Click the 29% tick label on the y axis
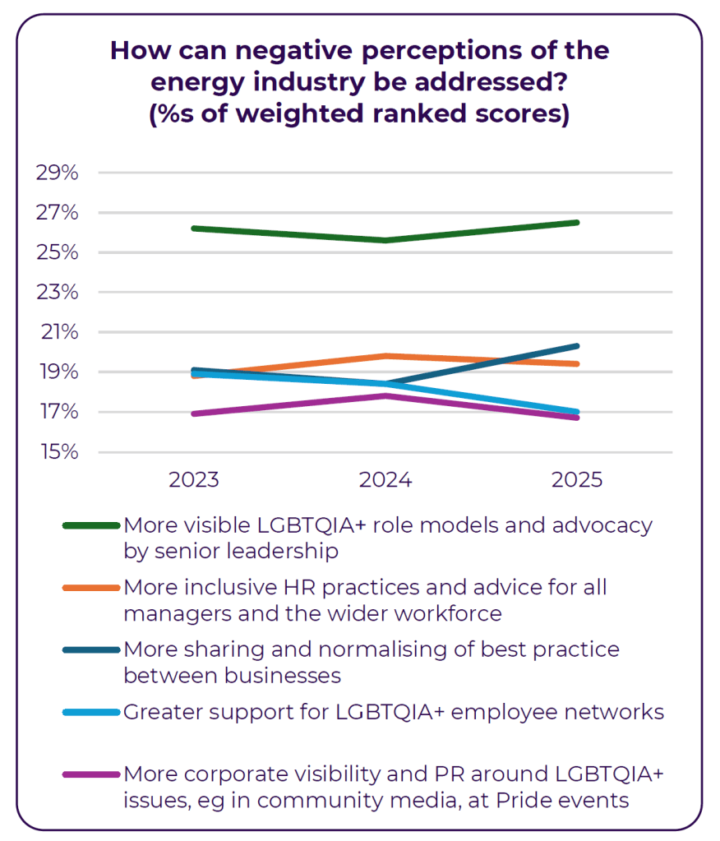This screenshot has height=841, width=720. tap(57, 173)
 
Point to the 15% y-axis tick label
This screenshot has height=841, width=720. tap(57, 452)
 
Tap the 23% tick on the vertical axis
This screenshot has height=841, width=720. tap(57, 293)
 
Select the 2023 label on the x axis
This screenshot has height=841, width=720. tap(194, 479)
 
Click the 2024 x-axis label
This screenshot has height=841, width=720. tap(385, 479)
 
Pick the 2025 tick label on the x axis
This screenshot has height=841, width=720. tap(577, 479)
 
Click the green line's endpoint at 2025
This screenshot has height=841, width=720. tap(577, 222)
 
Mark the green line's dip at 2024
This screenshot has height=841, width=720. tap(385, 240)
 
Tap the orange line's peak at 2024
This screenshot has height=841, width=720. tap(385, 356)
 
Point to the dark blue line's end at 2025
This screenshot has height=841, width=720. tap(577, 346)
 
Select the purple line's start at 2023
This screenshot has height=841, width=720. tap(194, 414)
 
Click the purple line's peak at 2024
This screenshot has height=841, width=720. tap(385, 395)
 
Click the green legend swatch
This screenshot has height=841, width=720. tap(90, 525)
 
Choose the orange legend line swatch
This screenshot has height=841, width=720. tap(90, 588)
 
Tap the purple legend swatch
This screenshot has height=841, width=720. tap(90, 774)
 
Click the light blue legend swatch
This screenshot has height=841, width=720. tap(90, 712)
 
